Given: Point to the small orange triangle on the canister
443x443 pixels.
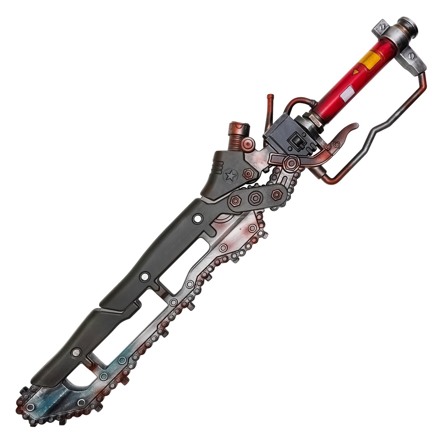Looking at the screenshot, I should (x=355, y=73).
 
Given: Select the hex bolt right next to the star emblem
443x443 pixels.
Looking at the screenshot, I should (x=247, y=174).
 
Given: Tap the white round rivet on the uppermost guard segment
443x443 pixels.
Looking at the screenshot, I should (x=197, y=219).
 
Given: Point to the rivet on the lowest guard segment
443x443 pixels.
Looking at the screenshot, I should (x=75, y=353).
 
